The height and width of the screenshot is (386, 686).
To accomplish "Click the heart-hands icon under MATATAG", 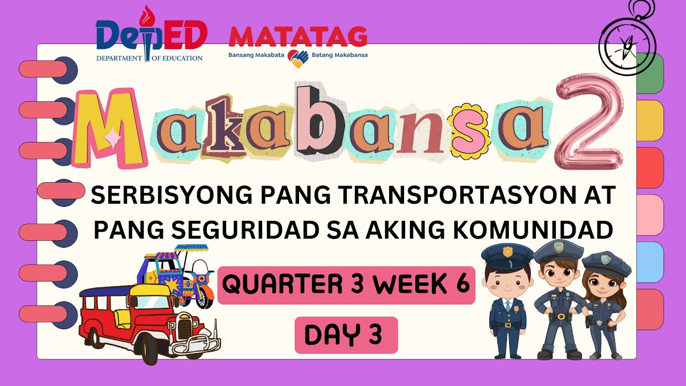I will (x=297, y=58).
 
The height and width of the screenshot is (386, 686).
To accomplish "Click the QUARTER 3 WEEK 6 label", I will (x=346, y=285).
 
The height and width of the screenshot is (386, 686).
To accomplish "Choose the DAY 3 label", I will (x=346, y=335).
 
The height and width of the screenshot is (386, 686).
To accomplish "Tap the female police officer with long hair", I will (x=606, y=306).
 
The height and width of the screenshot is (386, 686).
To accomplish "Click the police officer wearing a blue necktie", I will (x=506, y=300).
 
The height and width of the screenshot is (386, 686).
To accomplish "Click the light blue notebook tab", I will (x=650, y=262).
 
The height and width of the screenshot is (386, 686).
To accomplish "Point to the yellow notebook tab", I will (x=650, y=121).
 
